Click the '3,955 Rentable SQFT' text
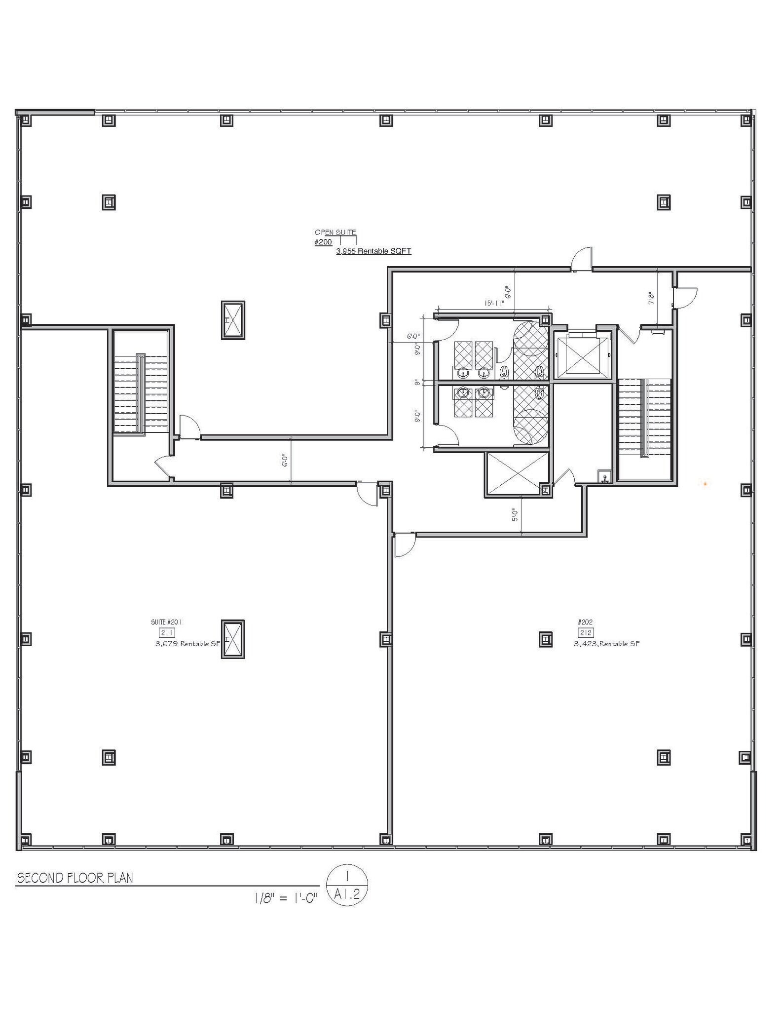373,251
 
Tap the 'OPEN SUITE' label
335,232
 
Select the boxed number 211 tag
167,633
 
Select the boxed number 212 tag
586,633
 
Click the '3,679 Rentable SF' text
187,644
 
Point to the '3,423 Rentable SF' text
606,644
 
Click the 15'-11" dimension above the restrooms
494,304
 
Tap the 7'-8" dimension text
651,298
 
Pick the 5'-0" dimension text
515,515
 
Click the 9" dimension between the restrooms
417,382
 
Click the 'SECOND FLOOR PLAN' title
75,878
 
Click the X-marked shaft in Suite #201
233,639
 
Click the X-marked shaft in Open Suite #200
233,320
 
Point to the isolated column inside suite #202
545,639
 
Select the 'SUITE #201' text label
166,622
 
